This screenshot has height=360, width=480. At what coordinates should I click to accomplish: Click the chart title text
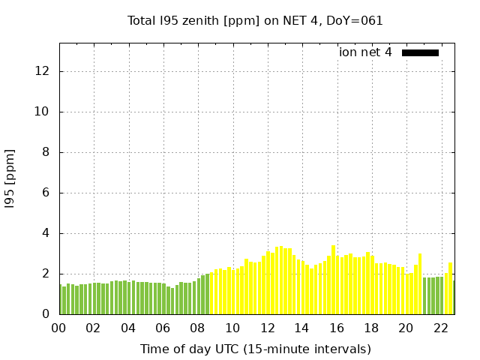coord(255,20)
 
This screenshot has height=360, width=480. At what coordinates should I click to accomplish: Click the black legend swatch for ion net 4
coord(420,52)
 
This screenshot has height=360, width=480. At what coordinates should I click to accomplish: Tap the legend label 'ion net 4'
coord(365,52)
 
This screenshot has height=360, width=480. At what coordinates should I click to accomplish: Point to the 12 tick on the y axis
coord(42,71)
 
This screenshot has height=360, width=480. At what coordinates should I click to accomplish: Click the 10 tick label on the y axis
coord(42,112)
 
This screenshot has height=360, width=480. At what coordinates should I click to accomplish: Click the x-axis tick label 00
coord(58,328)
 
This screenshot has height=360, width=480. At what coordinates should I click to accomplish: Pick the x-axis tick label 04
coord(128,328)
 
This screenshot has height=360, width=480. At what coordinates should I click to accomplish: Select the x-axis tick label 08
coord(197,328)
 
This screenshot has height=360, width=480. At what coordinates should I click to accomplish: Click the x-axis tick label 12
coord(267,328)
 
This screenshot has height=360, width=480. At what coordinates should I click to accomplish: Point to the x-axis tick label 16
coord(336,328)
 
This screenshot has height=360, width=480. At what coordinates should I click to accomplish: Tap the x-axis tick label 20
coord(406,328)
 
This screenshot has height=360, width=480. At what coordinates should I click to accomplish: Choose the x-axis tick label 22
coord(440,328)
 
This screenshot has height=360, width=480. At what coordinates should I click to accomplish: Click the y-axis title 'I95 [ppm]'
coord(10,178)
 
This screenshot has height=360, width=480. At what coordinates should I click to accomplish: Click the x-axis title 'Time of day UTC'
coord(255,349)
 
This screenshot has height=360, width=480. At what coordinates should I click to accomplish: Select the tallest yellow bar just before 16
coord(333,280)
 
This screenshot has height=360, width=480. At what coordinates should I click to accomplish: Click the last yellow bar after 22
coord(450,288)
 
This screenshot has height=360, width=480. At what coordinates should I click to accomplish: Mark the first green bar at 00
coord(60,299)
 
